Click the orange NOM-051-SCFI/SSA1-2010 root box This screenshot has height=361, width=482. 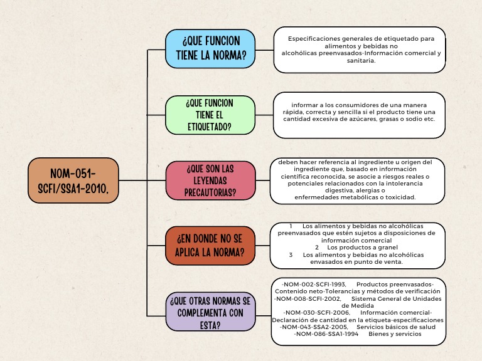73,180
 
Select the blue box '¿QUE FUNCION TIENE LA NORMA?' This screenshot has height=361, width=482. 210,48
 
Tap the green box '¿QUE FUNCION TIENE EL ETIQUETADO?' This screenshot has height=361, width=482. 210,115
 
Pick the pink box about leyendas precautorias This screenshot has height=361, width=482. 210,180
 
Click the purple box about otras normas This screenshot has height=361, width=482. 210,311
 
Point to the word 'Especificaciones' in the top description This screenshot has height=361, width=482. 313,39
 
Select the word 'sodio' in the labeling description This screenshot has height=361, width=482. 411,119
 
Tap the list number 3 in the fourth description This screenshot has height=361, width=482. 291,255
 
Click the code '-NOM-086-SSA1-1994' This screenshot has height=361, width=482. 326,334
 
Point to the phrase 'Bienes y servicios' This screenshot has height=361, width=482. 395,334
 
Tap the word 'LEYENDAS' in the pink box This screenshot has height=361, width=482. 210,180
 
